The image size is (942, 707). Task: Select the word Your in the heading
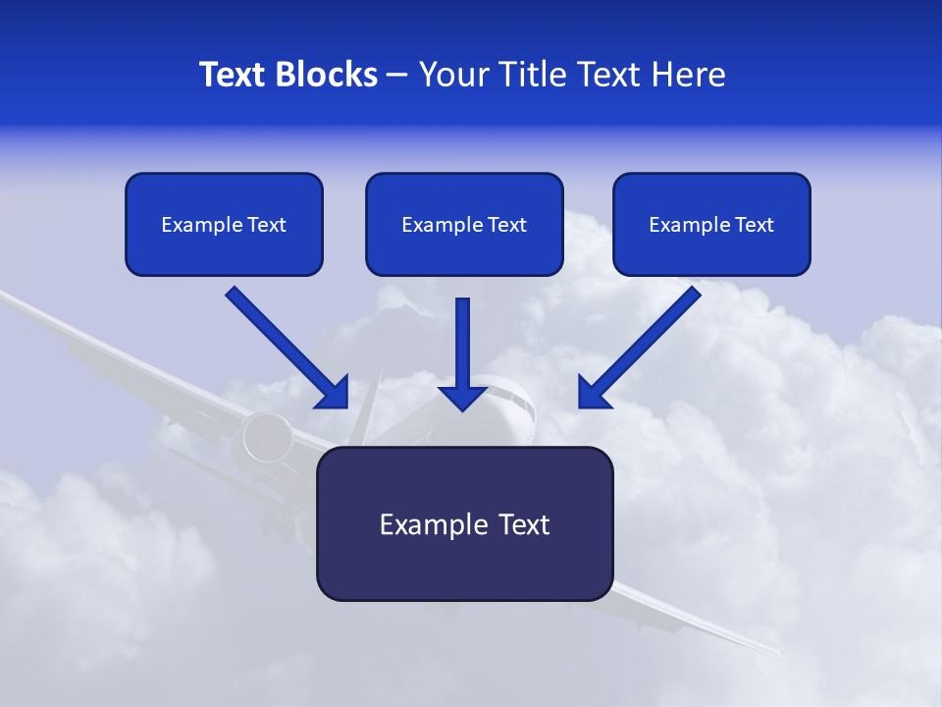pos(453,75)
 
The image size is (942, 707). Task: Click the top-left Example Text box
pos(224,225)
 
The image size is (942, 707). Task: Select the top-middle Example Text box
pos(464,225)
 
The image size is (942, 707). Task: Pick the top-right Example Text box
pos(711,225)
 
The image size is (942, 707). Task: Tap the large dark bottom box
pos(464,523)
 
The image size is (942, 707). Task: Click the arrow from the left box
pos(285,346)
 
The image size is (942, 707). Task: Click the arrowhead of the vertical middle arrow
pos(463,398)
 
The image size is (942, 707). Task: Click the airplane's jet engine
pos(267,437)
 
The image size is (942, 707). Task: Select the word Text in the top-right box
pos(754,225)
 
